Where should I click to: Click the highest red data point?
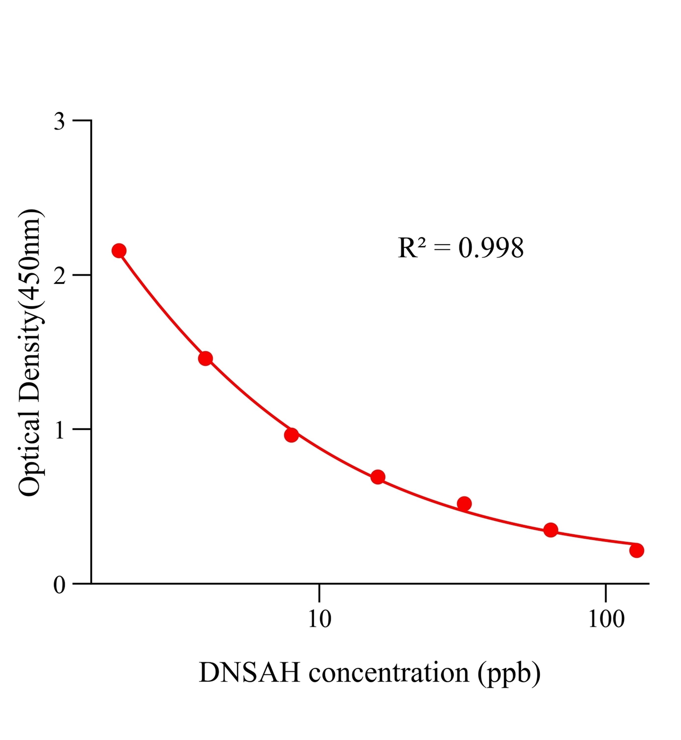point(119,251)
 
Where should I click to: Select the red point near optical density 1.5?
point(205,358)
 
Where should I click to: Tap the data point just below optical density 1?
point(291,435)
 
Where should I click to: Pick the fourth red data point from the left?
point(378,477)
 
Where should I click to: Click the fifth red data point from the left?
point(464,504)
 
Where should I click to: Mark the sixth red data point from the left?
point(551,530)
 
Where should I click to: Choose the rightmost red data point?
point(637,550)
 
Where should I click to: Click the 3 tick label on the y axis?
point(60,122)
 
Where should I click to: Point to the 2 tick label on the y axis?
point(60,276)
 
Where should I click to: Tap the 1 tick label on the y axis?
point(60,431)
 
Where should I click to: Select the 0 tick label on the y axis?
point(60,585)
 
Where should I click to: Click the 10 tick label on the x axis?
point(320,619)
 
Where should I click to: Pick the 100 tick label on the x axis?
point(606,619)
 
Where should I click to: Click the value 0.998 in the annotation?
point(491,248)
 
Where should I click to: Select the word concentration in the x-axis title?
point(389,673)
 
